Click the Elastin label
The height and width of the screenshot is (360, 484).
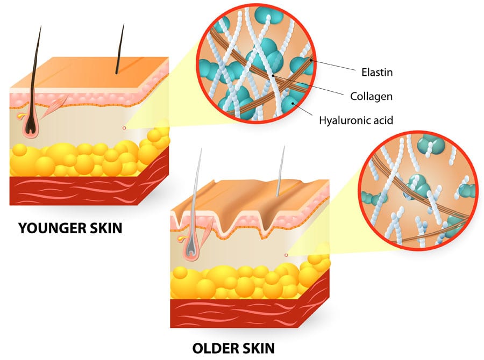pos(377,73)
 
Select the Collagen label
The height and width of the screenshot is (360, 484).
pos(371,97)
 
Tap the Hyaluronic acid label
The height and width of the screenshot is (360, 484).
pos(356,120)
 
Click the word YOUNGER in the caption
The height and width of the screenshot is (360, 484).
pos(51,228)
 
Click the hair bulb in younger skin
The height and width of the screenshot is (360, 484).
pos(31,126)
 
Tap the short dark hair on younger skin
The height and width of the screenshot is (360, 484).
pos(120,49)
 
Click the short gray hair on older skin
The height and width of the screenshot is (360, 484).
pos(280,171)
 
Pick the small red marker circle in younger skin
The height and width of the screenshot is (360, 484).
pos(124,128)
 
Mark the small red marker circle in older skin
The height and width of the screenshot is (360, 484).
pos(286,255)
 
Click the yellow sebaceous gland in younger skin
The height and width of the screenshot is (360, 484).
pos(20,116)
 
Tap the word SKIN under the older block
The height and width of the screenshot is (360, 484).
pos(258,348)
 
